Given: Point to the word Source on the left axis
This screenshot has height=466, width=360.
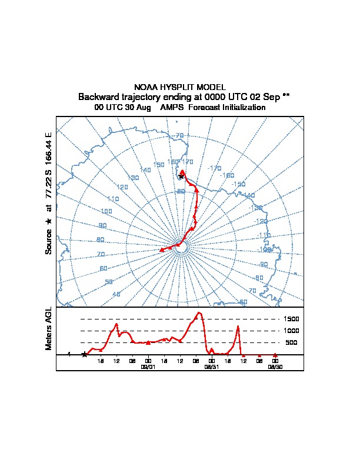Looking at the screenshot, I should [x=49, y=241].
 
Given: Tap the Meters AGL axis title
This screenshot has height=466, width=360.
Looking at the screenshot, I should [x=49, y=329].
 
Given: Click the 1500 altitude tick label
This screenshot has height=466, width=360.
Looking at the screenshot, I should [x=292, y=319].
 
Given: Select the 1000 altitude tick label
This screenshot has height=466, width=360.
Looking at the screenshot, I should [x=292, y=331].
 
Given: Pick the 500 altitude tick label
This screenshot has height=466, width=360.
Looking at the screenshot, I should [x=291, y=342].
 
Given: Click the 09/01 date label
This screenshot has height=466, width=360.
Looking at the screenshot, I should [x=148, y=366].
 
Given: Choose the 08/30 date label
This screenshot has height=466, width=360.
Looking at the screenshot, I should [x=275, y=366].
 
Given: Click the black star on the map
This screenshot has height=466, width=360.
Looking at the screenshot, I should [x=181, y=177].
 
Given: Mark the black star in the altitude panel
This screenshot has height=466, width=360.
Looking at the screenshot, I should [x=85, y=354].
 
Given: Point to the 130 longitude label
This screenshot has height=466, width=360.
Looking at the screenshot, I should [x=133, y=177].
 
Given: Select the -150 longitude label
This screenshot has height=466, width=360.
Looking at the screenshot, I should [x=238, y=184].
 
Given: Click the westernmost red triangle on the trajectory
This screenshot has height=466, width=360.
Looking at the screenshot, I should [x=162, y=250].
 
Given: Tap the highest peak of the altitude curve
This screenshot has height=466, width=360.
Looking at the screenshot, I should [x=199, y=312].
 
